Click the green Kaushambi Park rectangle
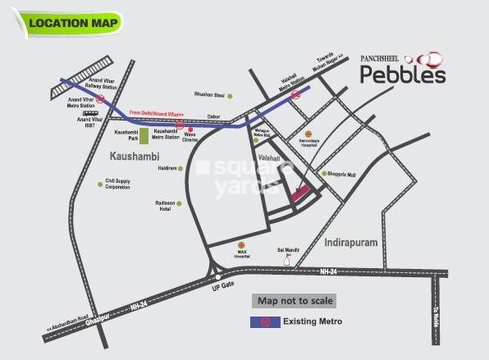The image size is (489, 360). click(x=144, y=136)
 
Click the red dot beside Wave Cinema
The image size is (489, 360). click(x=190, y=130)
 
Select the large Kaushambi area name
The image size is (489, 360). click(x=135, y=154)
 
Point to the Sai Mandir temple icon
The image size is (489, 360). click(x=287, y=257)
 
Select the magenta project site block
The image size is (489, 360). click(x=299, y=192)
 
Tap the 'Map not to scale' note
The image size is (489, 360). click(x=292, y=299)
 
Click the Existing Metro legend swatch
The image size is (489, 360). click(x=265, y=321)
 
